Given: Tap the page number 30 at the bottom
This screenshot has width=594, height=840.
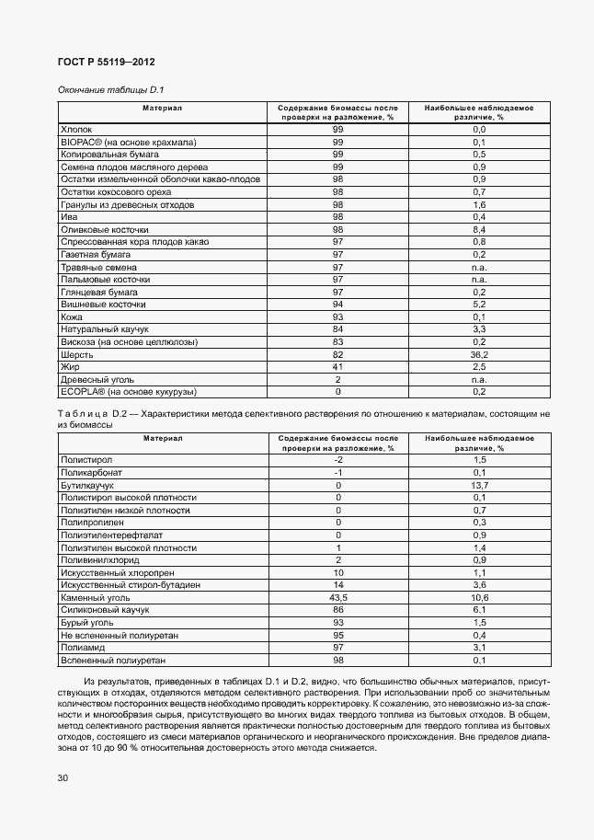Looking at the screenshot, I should coord(62,778).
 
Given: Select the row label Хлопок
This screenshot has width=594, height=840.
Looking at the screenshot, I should coord(76,131).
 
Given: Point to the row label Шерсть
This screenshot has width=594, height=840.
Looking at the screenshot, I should coord(77,353).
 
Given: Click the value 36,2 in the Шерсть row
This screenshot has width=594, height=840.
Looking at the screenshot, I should coord(478,353).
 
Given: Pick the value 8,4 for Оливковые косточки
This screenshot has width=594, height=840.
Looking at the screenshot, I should coord(478,229).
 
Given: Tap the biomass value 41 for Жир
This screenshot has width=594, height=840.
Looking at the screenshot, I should coord(337,366).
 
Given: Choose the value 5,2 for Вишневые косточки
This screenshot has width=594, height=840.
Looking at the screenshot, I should coord(478,304).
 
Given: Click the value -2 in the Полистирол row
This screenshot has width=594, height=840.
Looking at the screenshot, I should coord(337,459).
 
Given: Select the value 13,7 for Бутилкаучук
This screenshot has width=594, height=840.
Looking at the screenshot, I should coord(478,484).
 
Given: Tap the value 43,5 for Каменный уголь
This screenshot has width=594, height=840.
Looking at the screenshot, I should coord(337,597).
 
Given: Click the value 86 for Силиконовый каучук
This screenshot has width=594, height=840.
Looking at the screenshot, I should coord(337,609).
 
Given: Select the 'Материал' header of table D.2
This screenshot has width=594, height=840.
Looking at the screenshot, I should coord(162,438).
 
